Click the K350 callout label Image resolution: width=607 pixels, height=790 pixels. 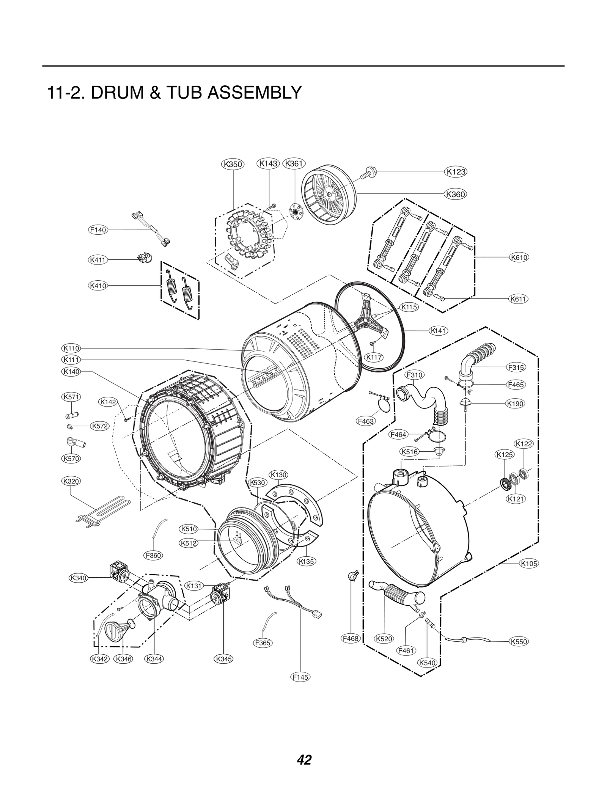coord(233,164)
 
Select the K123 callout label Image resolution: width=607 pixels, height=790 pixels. coord(456,171)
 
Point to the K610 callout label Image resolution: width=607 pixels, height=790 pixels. coord(519,258)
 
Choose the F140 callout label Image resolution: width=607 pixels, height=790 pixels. coord(98,230)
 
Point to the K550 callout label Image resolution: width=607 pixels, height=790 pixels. coord(519,642)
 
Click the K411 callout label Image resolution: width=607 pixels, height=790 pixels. coord(98,260)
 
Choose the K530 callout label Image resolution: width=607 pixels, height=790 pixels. coord(258,483)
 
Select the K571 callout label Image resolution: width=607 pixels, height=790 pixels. coord(71,397)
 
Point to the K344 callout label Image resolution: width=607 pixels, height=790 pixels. coord(154,659)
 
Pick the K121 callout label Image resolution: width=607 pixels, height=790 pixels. coord(516,499)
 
